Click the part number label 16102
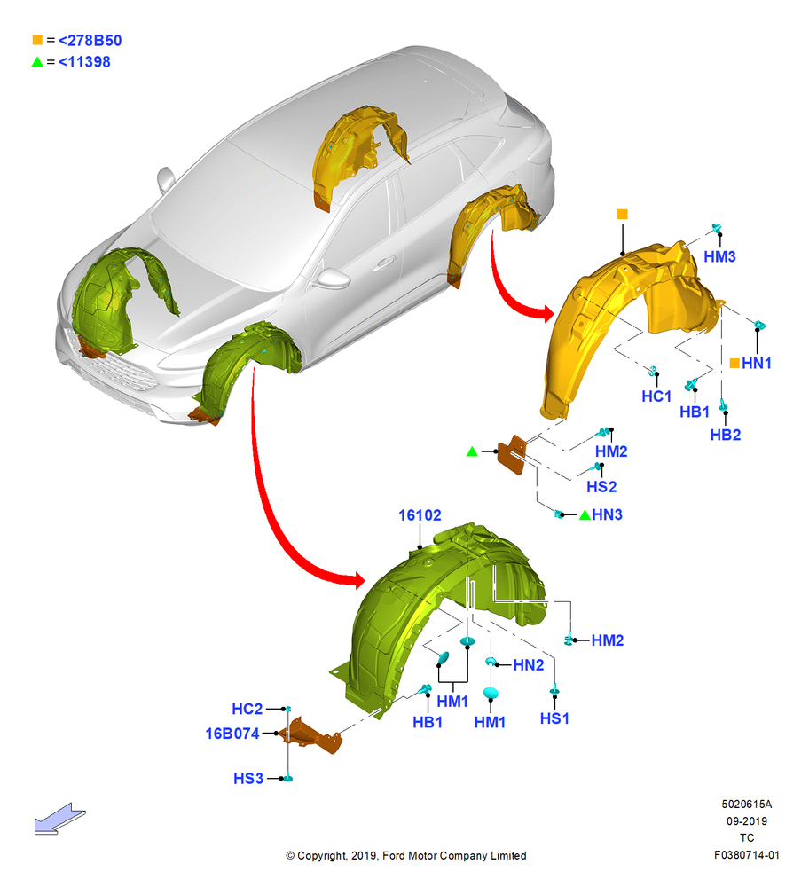coord(420,514)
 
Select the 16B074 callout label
coord(232,734)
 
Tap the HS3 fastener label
coord(248,779)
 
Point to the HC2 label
coord(247,709)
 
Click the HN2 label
coord(529,665)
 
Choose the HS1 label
coord(554,718)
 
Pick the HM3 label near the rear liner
coord(719,256)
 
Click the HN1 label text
coord(757,363)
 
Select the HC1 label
coord(656,396)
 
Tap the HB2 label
coord(726,435)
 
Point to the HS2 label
coord(601,486)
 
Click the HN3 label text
coord(607,514)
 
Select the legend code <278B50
coord(90,40)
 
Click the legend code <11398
coord(84,62)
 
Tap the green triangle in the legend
coord(37,62)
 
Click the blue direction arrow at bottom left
coord(59,819)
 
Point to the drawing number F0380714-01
coord(746,855)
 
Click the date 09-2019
coord(747,820)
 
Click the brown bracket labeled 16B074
coord(315,736)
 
